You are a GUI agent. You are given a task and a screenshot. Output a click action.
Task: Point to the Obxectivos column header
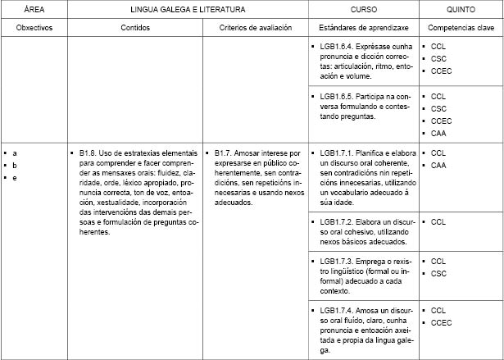pos(34,28)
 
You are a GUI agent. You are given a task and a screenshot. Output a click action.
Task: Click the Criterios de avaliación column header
pos(256,28)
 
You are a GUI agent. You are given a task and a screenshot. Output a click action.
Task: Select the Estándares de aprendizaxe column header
pos(363,28)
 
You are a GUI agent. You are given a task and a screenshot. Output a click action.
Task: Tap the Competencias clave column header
pos(461,28)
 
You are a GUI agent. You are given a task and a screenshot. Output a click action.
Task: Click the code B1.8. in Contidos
pos(89,153)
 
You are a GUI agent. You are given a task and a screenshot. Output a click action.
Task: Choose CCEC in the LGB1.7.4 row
pos(441,323)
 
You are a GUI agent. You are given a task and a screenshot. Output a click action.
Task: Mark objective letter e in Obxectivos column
pos(15,178)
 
